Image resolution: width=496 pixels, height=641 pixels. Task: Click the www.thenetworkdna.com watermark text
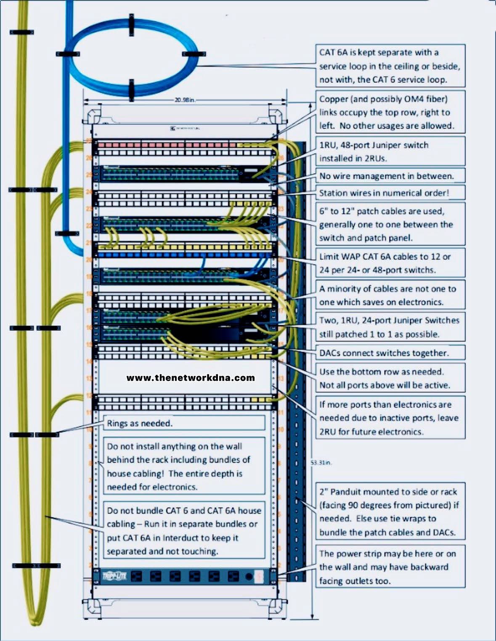coord(191,378)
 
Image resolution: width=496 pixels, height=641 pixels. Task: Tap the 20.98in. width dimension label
coord(185,101)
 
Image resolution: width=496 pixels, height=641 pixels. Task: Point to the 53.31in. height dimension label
coord(321,463)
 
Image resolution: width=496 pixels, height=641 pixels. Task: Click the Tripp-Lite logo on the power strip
coord(114,576)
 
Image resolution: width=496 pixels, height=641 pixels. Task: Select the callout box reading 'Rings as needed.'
coord(184,423)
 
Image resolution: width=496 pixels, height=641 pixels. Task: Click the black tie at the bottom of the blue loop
coord(132,89)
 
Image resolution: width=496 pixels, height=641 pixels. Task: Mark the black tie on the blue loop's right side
coord(194,54)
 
